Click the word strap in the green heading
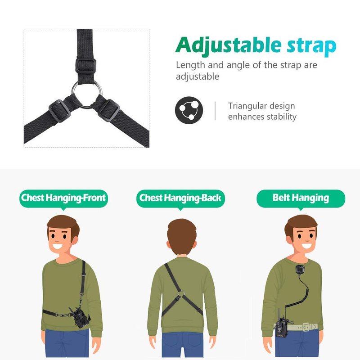pos(311,47)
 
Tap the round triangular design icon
pos(189,110)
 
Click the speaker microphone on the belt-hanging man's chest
pos(299,271)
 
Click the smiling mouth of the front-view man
pos(58,247)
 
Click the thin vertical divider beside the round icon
pos(215,111)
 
